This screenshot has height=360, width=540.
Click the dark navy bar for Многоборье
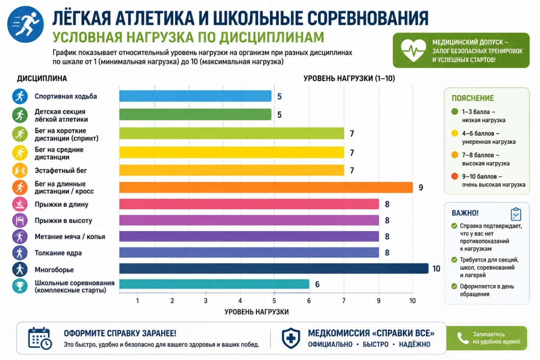pos(274,268)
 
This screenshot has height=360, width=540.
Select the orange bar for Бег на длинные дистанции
pos(266,187)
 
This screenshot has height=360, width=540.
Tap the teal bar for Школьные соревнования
pos(214,284)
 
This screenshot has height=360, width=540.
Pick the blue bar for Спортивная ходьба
pos(195,96)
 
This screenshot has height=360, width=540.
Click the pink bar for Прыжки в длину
pos(249,204)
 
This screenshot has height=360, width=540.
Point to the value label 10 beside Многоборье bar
pos(436,269)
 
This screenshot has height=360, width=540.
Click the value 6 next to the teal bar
pos(317,284)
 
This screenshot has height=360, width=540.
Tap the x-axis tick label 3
pos(205,301)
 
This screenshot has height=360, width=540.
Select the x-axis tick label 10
pos(412,301)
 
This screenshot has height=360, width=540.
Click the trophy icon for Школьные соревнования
pos(20,286)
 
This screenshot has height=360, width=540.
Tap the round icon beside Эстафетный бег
pos(20,171)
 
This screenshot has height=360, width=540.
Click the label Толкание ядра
pos(58,253)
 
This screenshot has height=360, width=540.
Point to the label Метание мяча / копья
pos(70,237)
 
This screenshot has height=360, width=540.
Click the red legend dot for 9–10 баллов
pos(454,176)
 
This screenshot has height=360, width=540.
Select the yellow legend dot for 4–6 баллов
pos(454,133)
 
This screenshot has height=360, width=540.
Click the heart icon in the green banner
pos(413,50)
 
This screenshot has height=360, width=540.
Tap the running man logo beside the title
pos(25,24)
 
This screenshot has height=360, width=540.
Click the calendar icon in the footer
pos(40,338)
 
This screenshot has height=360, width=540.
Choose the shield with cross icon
pos(291,338)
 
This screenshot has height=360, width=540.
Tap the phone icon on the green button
pos(463,338)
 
